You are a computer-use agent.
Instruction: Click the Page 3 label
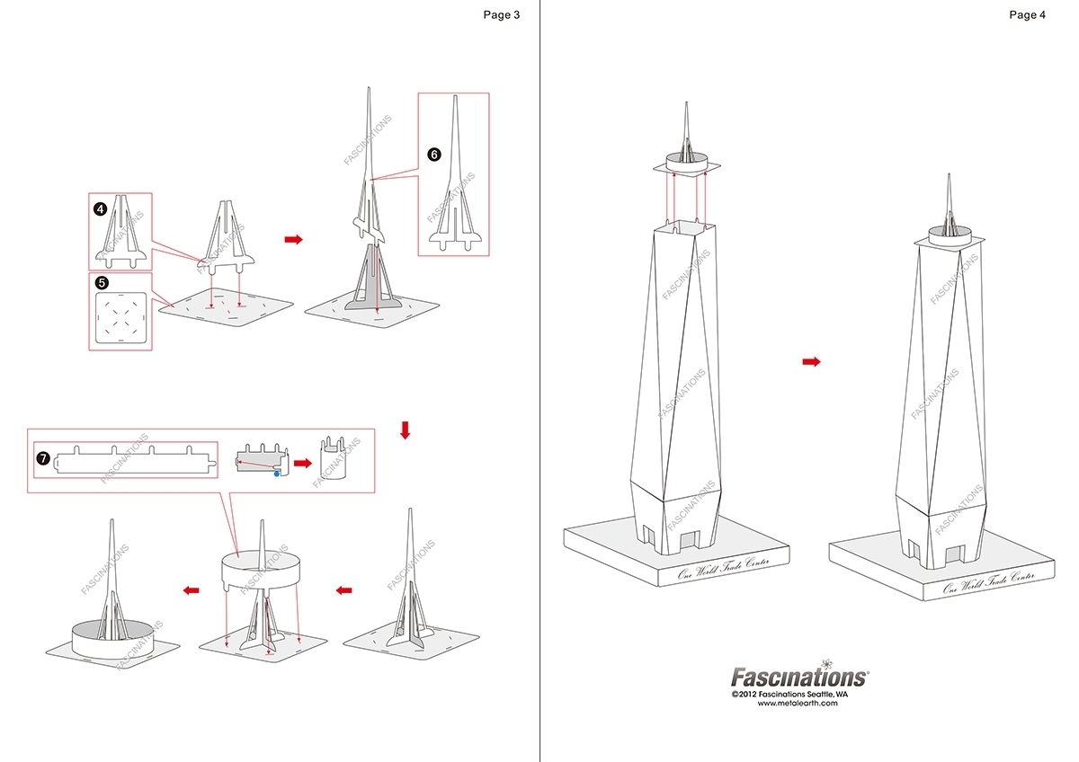(501, 14)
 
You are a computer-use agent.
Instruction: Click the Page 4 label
(1027, 14)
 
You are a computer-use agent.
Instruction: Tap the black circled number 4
(101, 208)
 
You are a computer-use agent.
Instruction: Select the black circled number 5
(101, 281)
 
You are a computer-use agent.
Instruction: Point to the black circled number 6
(433, 155)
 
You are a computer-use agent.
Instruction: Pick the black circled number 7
(42, 458)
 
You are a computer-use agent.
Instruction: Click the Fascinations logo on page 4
(798, 677)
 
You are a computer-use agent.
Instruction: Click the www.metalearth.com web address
(798, 704)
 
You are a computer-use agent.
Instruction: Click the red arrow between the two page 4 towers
(811, 361)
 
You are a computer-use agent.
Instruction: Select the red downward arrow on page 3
(405, 430)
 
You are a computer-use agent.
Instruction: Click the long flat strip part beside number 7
(136, 461)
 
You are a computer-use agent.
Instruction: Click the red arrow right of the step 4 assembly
(293, 240)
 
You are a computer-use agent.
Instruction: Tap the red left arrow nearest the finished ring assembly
(191, 590)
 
